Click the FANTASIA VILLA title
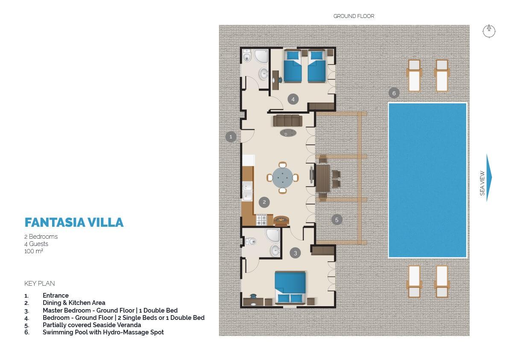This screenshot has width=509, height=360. [x=74, y=222]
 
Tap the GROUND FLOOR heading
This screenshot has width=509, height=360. [x=354, y=16]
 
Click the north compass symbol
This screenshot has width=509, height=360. [x=489, y=31]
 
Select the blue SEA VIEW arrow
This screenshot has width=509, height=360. [x=489, y=178]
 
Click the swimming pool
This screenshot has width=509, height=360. [x=427, y=180]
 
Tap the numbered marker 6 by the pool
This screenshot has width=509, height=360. [x=394, y=93]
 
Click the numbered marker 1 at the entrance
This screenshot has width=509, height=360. [x=231, y=137]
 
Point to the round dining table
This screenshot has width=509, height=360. [x=282, y=178]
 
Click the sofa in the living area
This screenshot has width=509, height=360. [x=288, y=120]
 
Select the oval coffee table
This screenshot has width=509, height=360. [x=288, y=133]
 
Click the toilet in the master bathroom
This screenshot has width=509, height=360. [x=250, y=242]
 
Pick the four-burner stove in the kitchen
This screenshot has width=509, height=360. [x=261, y=220]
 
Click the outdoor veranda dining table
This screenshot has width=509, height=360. [x=323, y=178]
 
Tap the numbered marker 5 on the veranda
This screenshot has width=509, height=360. [x=336, y=220]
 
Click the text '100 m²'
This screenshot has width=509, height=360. [x=34, y=251]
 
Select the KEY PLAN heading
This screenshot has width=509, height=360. [x=40, y=284]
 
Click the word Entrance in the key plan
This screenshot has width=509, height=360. [x=56, y=296]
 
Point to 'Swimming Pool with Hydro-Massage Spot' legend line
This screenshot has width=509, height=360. [x=103, y=332]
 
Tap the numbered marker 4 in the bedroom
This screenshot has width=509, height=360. [x=293, y=100]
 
